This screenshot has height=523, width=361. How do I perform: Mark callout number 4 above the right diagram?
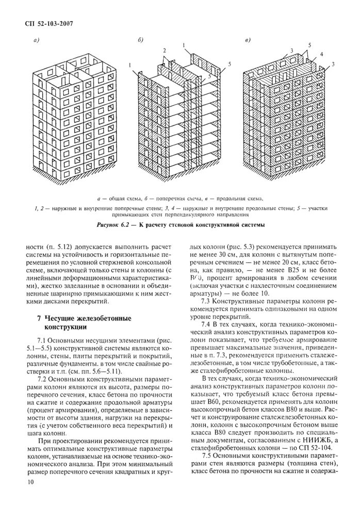321,54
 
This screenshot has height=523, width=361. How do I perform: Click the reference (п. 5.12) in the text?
57,247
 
